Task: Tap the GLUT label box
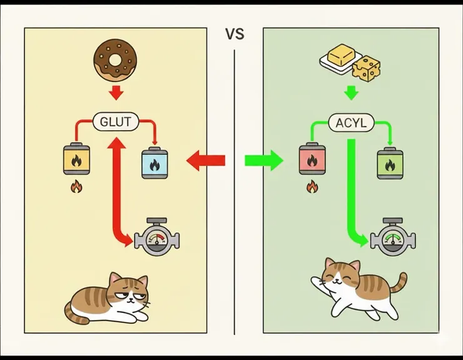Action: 116,121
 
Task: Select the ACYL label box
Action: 351,123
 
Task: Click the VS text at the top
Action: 234,34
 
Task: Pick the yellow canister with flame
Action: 76,160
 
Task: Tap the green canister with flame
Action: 390,165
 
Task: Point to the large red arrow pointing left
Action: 206,161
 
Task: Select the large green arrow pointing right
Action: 263,161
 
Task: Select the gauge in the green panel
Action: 392,239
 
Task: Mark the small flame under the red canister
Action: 311,186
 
